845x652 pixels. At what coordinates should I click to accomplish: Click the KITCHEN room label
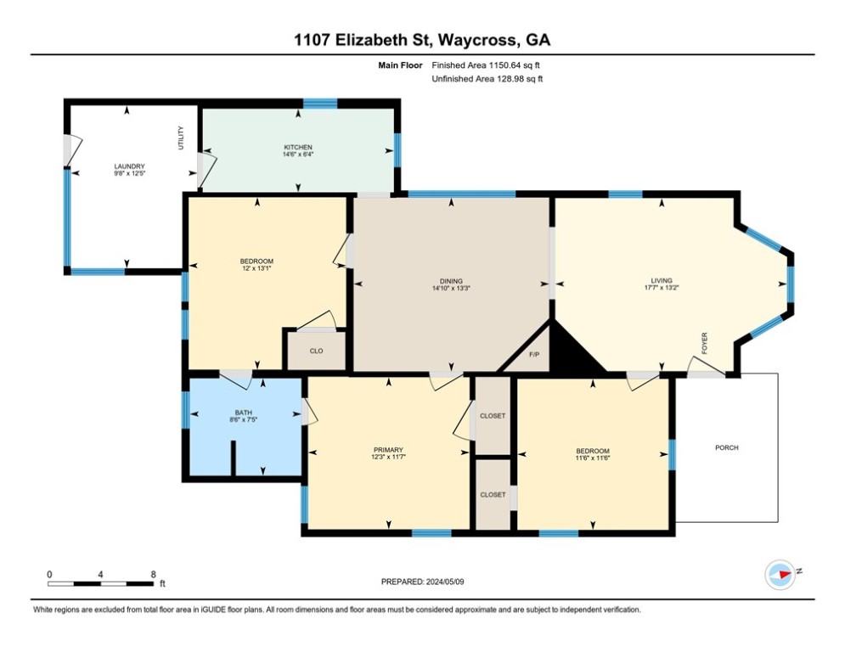coord(298,147)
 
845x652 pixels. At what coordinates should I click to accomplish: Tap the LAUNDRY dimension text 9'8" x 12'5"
coord(129,173)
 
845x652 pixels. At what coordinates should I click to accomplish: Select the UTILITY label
coord(181,138)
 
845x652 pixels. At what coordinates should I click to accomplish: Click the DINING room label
coord(451,281)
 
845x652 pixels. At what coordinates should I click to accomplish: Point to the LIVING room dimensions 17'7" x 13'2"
coord(662,288)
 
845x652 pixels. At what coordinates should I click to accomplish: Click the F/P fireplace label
coord(534,355)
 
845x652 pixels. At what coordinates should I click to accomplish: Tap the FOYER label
coord(704,343)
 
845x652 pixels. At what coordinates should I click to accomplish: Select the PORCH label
coord(726,447)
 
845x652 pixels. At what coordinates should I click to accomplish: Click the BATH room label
coord(244,413)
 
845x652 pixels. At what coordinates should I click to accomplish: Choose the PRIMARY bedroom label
coord(388,450)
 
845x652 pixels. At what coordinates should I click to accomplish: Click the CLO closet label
coord(316,351)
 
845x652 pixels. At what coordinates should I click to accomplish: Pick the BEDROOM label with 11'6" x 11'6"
coord(593,451)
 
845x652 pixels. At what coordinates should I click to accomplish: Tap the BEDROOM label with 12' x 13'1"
coord(256,261)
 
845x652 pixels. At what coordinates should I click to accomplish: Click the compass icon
coord(780,575)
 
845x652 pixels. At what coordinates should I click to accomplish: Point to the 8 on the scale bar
coord(154,575)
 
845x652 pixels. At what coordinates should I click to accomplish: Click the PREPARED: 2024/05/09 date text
coord(423,582)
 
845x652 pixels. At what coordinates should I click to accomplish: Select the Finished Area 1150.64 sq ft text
coord(486,65)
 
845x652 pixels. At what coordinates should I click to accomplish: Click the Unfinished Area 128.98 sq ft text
coord(487,79)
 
